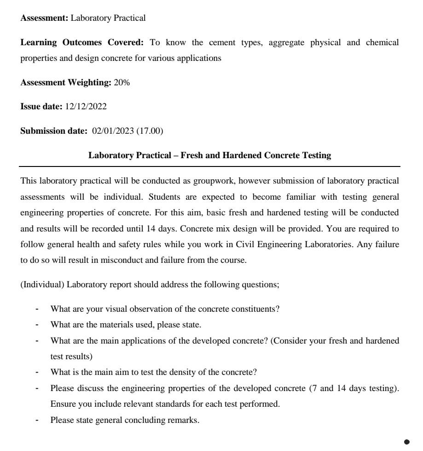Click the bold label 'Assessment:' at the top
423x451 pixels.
coord(44,18)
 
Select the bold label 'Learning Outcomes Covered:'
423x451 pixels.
coord(82,42)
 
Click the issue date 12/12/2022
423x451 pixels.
coord(86,107)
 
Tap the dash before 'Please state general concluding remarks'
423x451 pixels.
coord(37,421)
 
